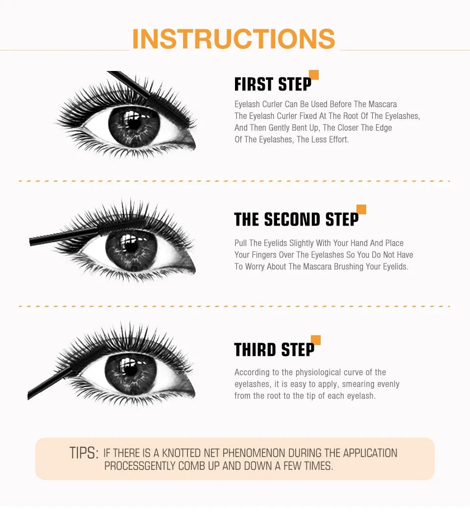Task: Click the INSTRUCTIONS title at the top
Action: (234, 39)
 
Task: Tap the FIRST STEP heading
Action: (273, 84)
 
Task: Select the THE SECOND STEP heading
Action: (296, 219)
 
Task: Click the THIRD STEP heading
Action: (274, 349)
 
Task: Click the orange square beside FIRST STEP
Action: (314, 75)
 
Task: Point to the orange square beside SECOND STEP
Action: (361, 209)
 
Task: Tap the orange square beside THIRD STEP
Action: (316, 340)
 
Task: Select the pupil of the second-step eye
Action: (131, 244)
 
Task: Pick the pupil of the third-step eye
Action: (130, 368)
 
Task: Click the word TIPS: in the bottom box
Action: (84, 453)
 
